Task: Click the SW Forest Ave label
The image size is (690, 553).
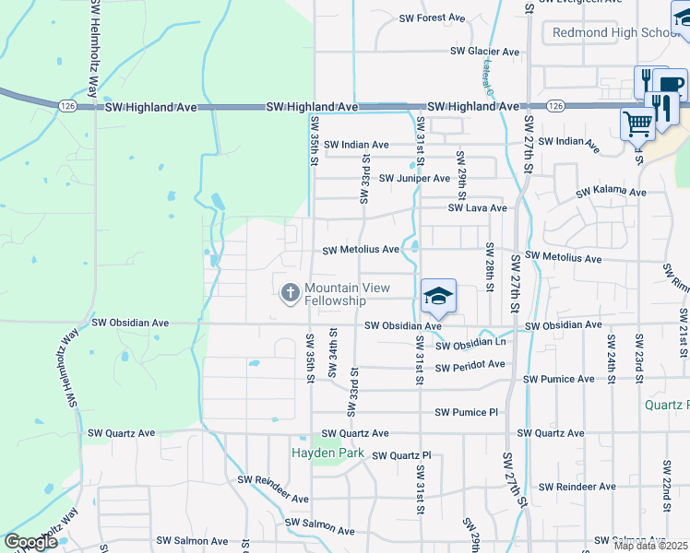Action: [x=432, y=18]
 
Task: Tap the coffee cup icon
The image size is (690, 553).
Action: [x=670, y=86]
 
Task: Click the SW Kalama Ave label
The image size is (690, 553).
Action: [x=612, y=193]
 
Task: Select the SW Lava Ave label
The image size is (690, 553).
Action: [x=477, y=208]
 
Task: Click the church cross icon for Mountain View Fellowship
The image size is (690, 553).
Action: [x=290, y=293]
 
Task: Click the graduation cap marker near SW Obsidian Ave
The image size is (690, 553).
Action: [x=438, y=295]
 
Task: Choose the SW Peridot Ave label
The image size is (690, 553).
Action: [x=470, y=366]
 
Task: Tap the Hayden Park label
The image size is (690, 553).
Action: [x=327, y=453]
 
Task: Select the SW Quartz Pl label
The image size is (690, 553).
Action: [x=400, y=455]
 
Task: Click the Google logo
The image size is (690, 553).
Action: [x=30, y=542]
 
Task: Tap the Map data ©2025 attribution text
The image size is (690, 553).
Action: [x=649, y=546]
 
